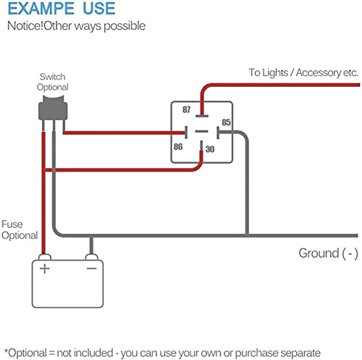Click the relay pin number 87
click(186, 109)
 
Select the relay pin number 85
click(226, 122)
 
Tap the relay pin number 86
click(178, 146)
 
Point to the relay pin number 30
click(210, 149)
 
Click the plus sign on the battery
click(45, 269)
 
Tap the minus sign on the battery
click(92, 268)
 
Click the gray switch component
click(53, 108)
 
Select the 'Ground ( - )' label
click(328, 254)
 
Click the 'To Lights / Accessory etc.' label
click(303, 72)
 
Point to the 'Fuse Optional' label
click(20, 230)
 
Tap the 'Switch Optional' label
click(53, 82)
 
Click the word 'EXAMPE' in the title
click(41, 8)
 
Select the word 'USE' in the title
click(99, 8)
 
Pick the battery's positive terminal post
click(45, 257)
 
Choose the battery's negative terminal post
click(92, 257)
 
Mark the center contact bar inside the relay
click(201, 132)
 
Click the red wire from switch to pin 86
click(124, 133)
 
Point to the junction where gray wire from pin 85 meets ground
click(247, 235)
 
